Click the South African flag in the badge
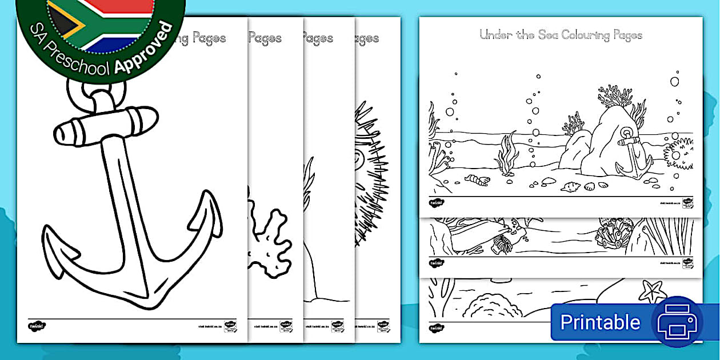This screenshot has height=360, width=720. tap(100, 20)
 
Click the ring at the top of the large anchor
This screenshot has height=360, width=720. tap(98, 92)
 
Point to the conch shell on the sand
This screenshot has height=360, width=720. tap(570, 186)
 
